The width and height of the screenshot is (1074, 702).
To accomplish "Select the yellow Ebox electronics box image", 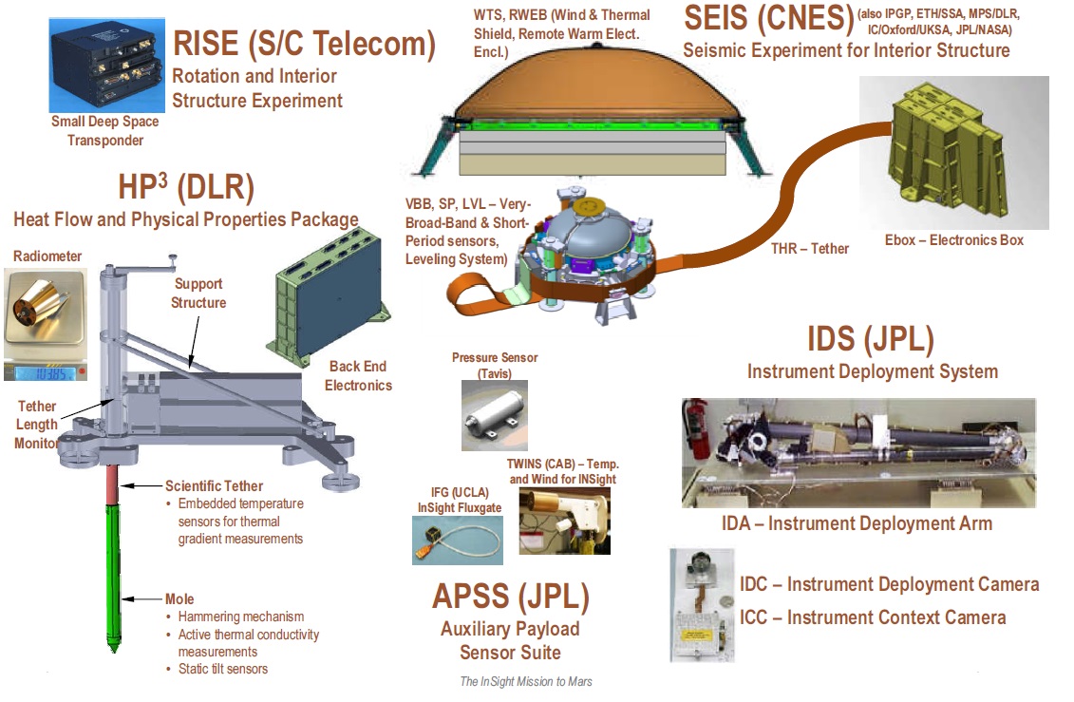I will pos(953,152).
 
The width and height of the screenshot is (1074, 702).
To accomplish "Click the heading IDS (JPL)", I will pos(870,339).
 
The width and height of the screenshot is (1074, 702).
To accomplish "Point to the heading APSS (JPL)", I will pos(510,597).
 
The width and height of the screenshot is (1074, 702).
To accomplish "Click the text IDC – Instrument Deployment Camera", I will pos(889,584).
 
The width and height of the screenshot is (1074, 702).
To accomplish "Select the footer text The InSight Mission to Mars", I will pos(525,682).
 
